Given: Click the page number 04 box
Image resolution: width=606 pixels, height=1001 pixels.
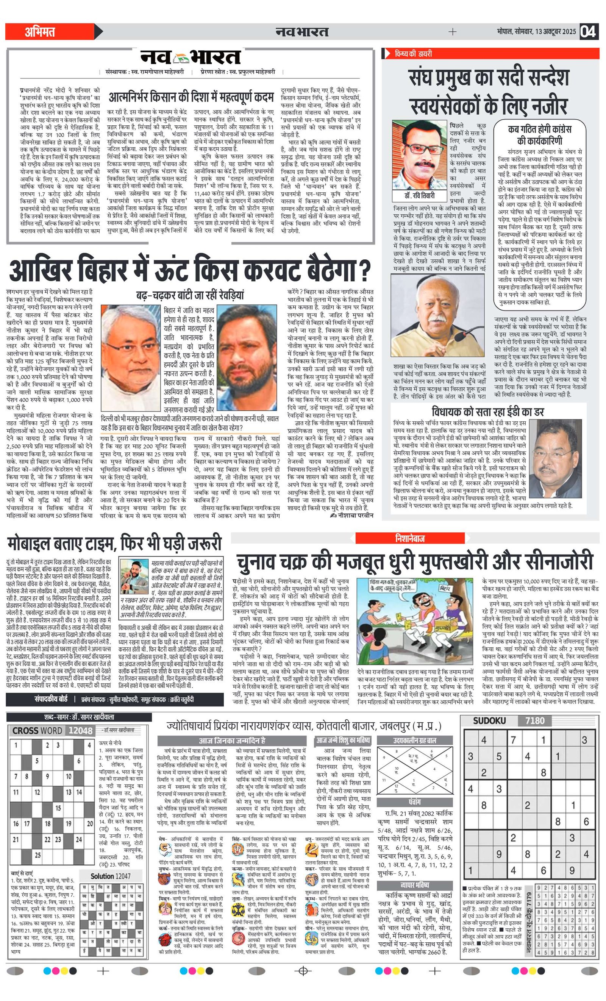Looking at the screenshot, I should pyautogui.click(x=589, y=32).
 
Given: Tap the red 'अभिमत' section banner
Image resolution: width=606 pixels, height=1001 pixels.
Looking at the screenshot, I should pyautogui.click(x=41, y=32).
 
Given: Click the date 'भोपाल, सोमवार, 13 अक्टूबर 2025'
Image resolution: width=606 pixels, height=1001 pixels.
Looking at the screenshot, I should pyautogui.click(x=536, y=32).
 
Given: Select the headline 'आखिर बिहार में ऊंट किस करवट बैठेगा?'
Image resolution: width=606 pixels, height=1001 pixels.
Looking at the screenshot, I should pyautogui.click(x=190, y=270).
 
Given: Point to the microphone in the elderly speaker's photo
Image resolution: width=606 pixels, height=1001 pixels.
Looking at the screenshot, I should pyautogui.click(x=464, y=335).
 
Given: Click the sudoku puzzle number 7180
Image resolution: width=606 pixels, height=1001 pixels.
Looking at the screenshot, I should pyautogui.click(x=534, y=721).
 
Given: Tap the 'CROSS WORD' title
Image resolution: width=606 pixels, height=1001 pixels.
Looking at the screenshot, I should pyautogui.click(x=37, y=731).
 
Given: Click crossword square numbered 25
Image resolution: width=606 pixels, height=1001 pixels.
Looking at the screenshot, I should pyautogui.click(x=38, y=855).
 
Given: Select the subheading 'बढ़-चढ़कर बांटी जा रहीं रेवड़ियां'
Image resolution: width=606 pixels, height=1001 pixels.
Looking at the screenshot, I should pyautogui.click(x=190, y=295).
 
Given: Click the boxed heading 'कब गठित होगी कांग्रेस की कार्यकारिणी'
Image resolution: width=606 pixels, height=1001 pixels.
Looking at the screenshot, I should pyautogui.click(x=539, y=135).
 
